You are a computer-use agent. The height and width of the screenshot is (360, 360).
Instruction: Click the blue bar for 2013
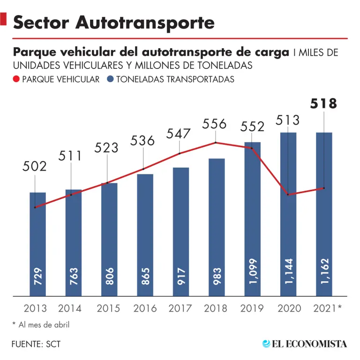click(37, 244)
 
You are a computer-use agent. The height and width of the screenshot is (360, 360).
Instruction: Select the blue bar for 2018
click(217, 227)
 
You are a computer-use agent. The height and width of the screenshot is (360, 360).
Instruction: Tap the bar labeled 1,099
click(253, 219)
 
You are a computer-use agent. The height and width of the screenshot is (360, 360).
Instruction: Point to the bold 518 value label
click(324, 103)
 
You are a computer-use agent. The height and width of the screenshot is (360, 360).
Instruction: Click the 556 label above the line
click(215, 124)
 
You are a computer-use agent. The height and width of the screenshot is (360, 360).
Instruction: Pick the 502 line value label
click(35, 166)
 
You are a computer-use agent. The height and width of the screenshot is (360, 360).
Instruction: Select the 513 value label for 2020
click(287, 120)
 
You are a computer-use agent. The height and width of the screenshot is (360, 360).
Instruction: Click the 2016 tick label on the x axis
click(145, 308)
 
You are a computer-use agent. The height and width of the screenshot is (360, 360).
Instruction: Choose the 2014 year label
click(70, 308)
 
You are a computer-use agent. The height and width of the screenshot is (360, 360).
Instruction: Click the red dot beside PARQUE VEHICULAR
click(17, 80)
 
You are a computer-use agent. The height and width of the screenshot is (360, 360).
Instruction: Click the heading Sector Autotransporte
click(114, 22)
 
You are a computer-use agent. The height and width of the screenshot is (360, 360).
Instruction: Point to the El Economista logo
click(305, 344)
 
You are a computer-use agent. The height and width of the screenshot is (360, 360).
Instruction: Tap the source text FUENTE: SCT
click(36, 344)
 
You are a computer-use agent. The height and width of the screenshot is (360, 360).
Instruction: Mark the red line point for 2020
click(288, 194)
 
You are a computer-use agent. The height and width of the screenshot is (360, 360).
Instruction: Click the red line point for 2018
click(216, 142)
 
